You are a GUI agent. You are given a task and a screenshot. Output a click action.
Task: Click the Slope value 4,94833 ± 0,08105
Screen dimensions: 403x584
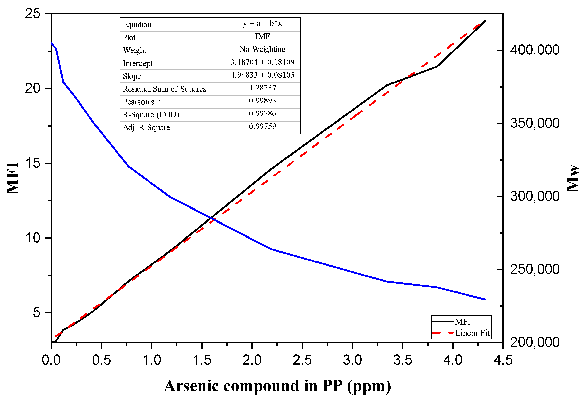coord(262,75)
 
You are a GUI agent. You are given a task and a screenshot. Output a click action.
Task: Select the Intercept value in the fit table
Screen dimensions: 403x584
coord(262,62)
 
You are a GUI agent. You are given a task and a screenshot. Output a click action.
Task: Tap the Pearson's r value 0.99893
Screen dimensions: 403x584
coord(262,101)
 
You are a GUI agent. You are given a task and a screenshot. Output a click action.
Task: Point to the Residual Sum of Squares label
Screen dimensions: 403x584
coord(164,89)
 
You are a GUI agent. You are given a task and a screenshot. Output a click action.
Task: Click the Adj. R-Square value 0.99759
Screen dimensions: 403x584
coord(262,126)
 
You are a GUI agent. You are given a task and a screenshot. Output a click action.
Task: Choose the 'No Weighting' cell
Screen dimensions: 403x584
coord(262,49)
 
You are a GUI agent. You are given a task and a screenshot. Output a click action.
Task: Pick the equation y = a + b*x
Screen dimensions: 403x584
coord(262,23)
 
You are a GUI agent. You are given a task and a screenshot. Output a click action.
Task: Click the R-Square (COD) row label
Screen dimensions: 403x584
coord(151,115)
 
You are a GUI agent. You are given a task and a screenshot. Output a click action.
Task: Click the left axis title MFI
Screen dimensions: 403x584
coord(13,178)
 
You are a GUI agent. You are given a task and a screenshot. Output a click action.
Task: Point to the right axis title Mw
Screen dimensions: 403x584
coord(573,178)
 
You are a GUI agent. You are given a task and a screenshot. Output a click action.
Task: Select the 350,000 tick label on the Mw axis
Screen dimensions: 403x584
coord(534,123)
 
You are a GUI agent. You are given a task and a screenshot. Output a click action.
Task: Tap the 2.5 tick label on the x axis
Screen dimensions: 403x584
coord(302,360)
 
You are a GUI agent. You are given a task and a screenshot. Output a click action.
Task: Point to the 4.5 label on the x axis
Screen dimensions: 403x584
coord(503,360)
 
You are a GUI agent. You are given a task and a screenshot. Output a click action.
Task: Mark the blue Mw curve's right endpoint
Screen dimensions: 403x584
coord(485,299)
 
